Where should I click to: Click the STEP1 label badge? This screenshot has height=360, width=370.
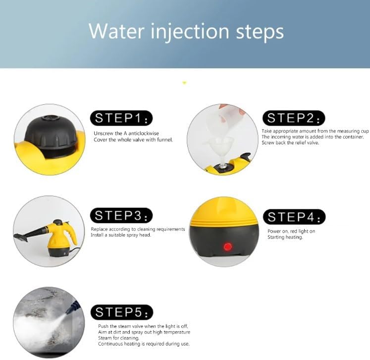click(x=121, y=118)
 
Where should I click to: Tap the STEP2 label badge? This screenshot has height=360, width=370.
click(x=294, y=118)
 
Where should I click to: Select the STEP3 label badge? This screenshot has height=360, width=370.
click(x=121, y=215)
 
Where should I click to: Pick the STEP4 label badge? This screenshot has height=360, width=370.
click(x=294, y=217)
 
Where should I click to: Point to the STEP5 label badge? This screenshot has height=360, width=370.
click(x=122, y=312)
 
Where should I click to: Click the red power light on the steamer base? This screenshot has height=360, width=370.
click(x=228, y=246)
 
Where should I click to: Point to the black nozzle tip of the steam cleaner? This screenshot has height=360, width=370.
click(x=21, y=237)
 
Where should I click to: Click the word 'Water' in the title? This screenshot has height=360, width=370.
click(x=116, y=31)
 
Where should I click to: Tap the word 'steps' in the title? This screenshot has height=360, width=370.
click(x=260, y=33)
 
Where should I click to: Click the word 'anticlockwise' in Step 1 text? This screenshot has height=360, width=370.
click(x=144, y=133)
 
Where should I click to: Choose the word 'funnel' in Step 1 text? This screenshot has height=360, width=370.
click(x=164, y=140)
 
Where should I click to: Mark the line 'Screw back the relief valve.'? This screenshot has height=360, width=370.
click(x=290, y=143)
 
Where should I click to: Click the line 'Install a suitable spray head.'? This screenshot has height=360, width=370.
click(x=121, y=235)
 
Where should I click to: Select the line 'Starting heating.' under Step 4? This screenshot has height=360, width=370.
click(x=285, y=237)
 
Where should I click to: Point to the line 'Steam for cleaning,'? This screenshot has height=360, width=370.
click(x=119, y=338)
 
